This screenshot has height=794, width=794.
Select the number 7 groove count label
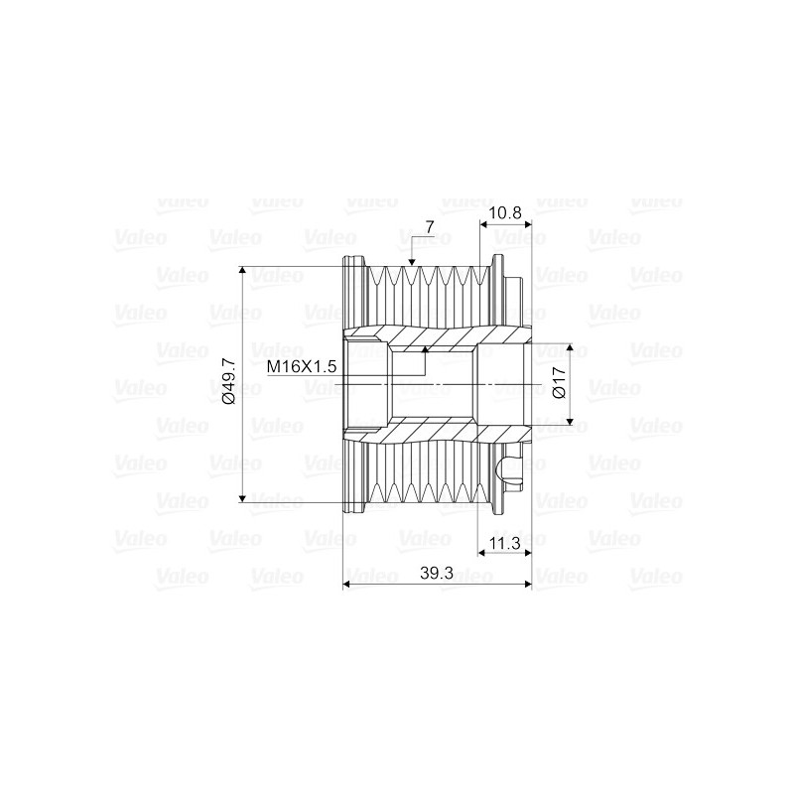[429, 227]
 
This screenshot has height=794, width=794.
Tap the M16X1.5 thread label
[303, 367]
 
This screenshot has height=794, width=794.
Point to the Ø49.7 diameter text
[228, 382]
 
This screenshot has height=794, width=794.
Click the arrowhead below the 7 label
[412, 260]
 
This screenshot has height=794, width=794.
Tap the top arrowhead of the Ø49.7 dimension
[243, 271]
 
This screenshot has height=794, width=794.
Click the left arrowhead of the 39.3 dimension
[347, 585]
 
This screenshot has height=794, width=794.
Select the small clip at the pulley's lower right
[514, 472]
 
